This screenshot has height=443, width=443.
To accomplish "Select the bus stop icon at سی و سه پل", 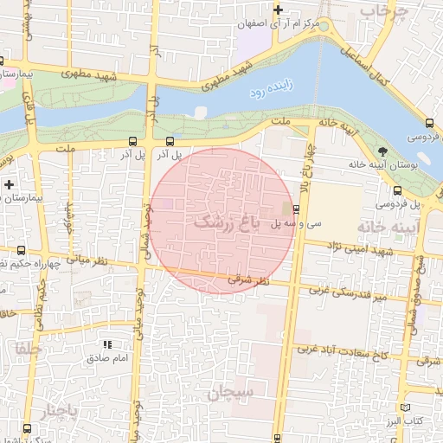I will [x=297, y=209].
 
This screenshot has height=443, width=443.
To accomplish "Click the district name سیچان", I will [x=230, y=393].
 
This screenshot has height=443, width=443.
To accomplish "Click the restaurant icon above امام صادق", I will [x=108, y=344].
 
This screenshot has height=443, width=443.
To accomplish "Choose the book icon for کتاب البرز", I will [x=406, y=406].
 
